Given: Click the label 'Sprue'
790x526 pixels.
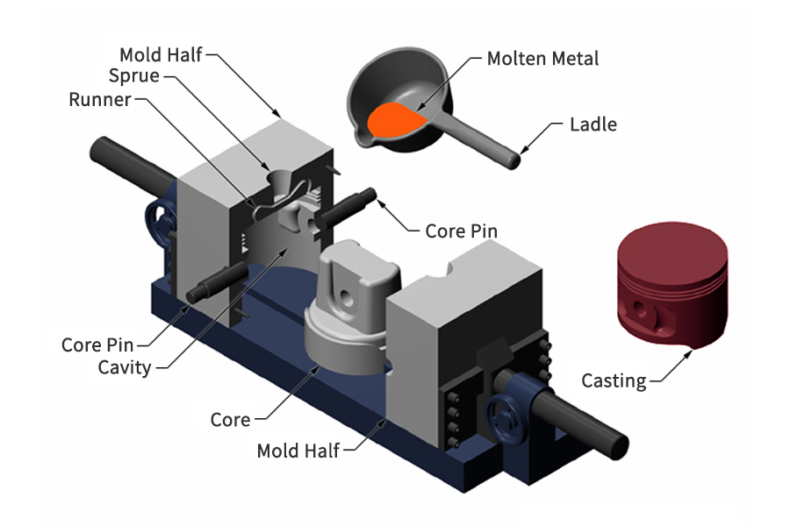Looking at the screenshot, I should point(134,76).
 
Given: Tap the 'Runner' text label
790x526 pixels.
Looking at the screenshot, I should point(99,100).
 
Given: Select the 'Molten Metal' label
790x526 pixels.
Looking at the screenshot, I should point(542,59).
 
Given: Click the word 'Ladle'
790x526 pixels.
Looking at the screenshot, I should point(593,124).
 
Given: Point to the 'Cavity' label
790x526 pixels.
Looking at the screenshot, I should point(125,366).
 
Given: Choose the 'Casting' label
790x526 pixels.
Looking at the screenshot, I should point(614,380).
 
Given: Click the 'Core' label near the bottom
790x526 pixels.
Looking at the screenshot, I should point(230,420).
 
